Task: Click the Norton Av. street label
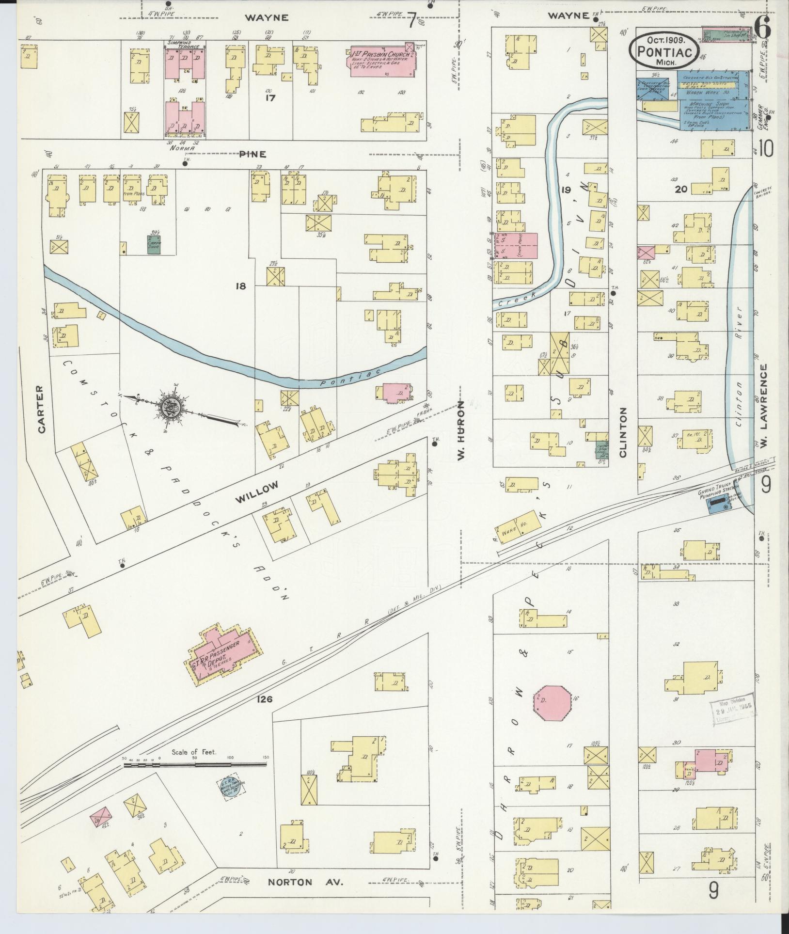point(305,882)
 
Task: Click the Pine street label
point(252,154)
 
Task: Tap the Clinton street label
point(623,432)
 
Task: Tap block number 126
point(266,699)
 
